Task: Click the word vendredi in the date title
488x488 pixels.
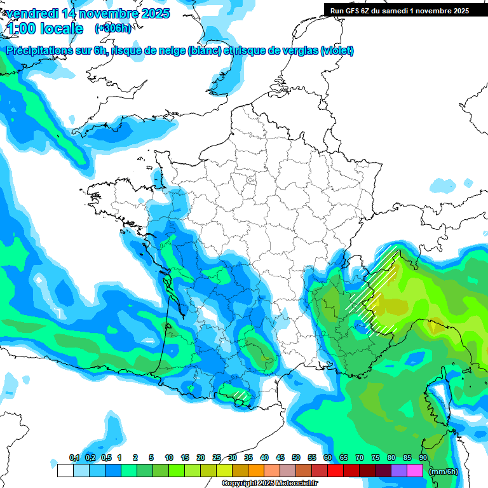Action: coord(32,13)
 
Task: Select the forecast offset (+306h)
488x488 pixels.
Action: coord(112,29)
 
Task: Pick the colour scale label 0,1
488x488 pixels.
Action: coord(74,458)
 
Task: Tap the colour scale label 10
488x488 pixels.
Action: coord(169,458)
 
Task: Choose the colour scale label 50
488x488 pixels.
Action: coord(296,458)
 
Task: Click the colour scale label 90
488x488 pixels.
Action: coord(423,458)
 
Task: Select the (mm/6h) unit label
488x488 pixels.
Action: coord(444,471)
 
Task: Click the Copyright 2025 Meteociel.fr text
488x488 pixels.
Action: coord(269,484)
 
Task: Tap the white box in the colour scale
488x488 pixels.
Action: coord(65,471)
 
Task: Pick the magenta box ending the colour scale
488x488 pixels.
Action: coord(415,471)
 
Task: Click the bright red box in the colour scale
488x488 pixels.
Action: coord(335,471)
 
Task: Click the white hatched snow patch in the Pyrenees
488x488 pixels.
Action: coord(240,395)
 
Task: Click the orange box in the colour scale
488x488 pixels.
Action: coord(256,471)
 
